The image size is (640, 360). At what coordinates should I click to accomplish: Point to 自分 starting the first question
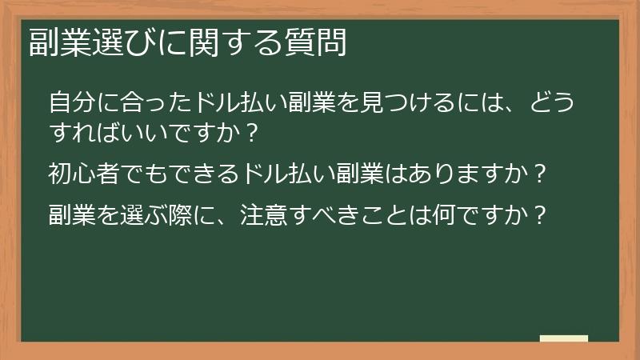pyautogui.click(x=70, y=103)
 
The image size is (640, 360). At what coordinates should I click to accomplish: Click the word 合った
pyautogui.click(x=147, y=103)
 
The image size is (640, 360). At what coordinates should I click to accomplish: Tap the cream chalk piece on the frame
pyautogui.click(x=564, y=339)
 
